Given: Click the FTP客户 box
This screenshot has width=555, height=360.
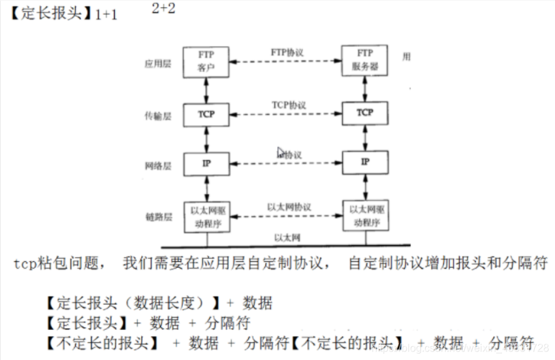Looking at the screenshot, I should [x=206, y=61].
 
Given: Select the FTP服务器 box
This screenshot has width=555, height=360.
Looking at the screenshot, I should [x=365, y=61].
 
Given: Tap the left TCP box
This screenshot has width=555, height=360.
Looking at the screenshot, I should [x=206, y=114].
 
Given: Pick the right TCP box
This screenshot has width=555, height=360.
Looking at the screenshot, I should [x=365, y=113].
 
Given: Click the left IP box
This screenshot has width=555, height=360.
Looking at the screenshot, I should [x=206, y=163].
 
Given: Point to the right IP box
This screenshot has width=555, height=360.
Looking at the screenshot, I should [x=365, y=161].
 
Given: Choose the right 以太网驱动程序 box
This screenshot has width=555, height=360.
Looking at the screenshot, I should [x=365, y=216].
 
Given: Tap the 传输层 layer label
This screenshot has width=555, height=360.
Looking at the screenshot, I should [x=157, y=116].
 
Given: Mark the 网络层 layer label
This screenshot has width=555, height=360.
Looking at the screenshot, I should [x=157, y=166].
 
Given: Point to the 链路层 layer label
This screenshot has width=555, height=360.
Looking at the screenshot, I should [x=157, y=216].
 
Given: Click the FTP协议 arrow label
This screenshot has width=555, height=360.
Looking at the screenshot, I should [x=287, y=52].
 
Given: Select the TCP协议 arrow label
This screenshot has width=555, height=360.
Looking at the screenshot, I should [x=289, y=105].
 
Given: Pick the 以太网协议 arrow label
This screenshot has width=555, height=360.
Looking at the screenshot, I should [x=289, y=206].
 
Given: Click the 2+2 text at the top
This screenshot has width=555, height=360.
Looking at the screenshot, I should [x=163, y=8].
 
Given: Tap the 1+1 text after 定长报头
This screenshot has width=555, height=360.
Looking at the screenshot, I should [x=106, y=14].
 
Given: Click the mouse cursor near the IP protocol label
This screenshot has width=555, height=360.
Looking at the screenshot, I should [x=281, y=152].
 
